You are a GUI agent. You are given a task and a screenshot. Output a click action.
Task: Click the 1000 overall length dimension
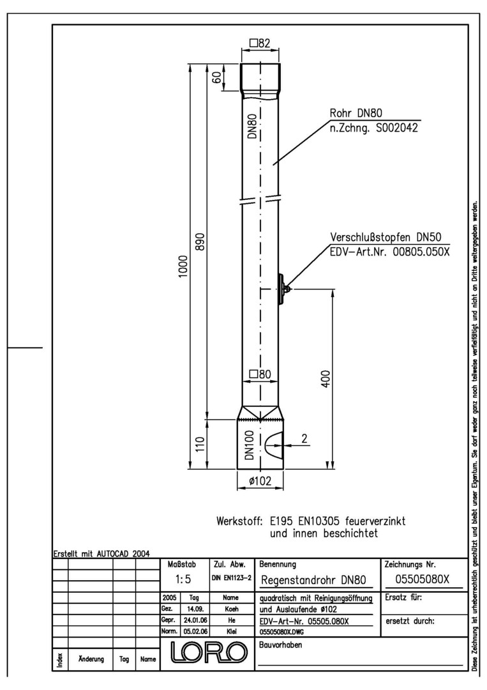pos(183,266)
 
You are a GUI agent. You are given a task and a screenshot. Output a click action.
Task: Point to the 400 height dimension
pos(326,378)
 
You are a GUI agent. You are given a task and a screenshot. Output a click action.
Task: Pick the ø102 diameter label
pos(260,480)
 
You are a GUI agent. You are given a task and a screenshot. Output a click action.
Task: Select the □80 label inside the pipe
pos(260,374)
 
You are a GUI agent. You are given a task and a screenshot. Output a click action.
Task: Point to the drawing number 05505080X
pos(422,579)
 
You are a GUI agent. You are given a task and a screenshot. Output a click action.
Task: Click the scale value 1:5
pos(183,579)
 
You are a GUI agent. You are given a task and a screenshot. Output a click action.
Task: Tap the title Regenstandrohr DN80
pos(313,580)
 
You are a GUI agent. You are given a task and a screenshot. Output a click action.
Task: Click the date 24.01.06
pos(195,620)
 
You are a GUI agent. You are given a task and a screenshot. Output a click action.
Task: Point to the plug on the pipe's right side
pos(281,289)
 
